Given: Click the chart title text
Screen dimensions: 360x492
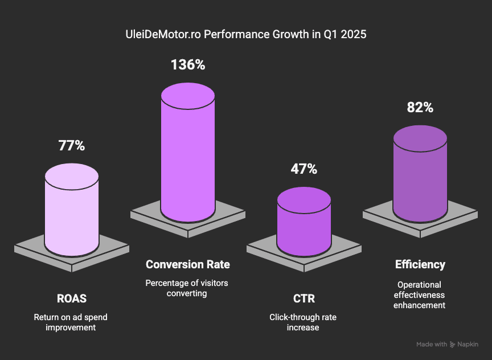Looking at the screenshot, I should click(246, 35).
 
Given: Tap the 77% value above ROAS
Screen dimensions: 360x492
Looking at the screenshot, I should click(72, 146).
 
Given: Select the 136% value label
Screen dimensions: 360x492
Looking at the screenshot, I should click(188, 65).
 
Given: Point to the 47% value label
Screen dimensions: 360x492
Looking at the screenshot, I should click(304, 169).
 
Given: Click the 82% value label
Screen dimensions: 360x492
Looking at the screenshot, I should click(420, 108).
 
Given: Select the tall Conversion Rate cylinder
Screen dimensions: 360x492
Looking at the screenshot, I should click(188, 159).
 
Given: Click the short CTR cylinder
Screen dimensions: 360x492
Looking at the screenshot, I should click(304, 225).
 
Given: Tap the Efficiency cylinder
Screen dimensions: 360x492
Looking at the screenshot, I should click(420, 182).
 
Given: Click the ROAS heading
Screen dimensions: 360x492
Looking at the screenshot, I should click(72, 298).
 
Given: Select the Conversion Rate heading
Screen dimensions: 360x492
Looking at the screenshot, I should click(188, 264).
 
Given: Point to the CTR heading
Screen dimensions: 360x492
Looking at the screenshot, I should click(304, 298).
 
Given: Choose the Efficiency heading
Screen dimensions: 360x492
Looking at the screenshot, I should click(420, 264).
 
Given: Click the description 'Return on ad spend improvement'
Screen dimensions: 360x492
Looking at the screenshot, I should click(72, 322).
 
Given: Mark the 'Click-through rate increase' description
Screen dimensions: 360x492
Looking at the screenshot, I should click(304, 322).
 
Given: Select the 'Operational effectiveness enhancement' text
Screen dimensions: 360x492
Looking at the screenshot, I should click(420, 294).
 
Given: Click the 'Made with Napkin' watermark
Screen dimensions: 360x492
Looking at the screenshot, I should click(447, 344).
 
